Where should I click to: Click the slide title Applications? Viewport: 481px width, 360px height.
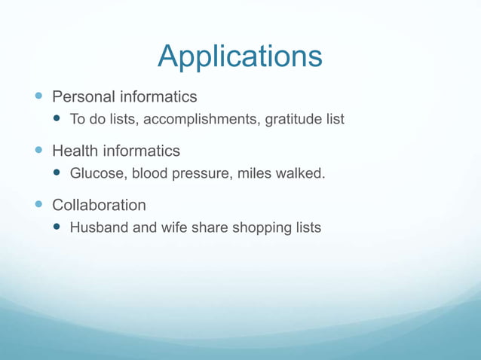(240, 56)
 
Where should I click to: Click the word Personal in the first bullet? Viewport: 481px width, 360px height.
(82, 97)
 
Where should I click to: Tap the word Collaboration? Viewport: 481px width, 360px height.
(99, 205)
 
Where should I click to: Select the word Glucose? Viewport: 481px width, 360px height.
(97, 174)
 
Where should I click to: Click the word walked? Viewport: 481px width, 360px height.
(301, 174)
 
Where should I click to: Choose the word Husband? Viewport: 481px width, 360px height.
(100, 227)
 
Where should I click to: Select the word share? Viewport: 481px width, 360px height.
(208, 227)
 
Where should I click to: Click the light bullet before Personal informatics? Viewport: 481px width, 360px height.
(39, 97)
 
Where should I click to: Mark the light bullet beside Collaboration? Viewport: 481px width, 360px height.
(39, 205)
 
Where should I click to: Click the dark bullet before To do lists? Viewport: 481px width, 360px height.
(58, 120)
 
